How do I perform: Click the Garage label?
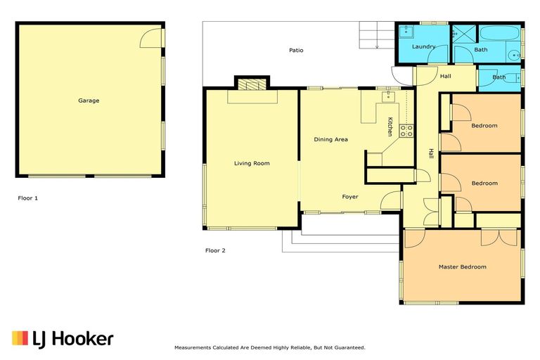click(89, 101)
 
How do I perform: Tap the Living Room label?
click(252, 163)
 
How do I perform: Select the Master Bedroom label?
click(462, 266)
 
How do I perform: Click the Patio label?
click(296, 50)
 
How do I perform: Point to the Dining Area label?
click(330, 139)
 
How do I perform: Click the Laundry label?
click(423, 46)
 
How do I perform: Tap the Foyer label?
click(350, 196)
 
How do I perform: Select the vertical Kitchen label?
click(390, 127)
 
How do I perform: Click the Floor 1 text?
click(27, 198)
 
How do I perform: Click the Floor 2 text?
click(215, 250)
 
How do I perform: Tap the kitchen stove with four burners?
click(406, 130)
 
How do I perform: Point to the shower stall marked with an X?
click(462, 33)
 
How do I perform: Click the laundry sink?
click(406, 32)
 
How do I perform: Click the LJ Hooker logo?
click(63, 338)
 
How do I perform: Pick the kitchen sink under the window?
click(386, 95)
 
